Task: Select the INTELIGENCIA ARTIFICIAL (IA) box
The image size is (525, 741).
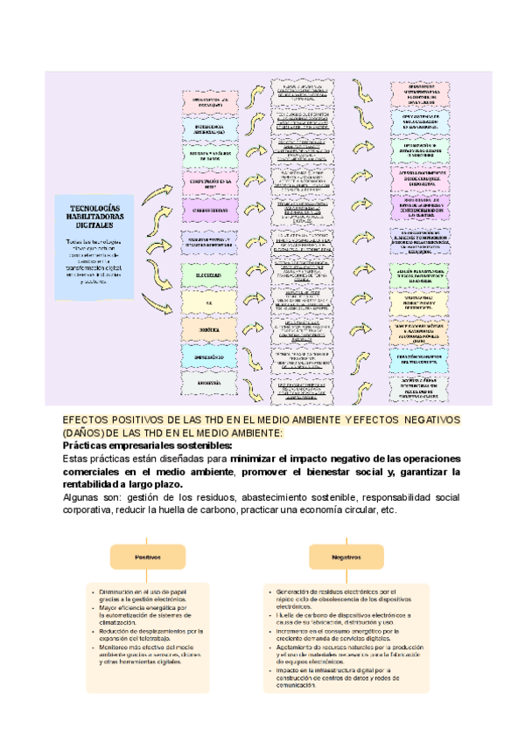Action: pos(208,130)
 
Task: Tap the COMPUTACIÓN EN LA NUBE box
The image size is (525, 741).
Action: pos(208,183)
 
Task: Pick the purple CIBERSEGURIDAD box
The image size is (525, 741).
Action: pos(208,210)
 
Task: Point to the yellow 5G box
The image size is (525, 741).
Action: pos(208,301)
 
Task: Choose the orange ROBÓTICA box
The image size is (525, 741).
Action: pos(208,329)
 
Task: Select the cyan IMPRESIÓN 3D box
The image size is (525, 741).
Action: pos(208,357)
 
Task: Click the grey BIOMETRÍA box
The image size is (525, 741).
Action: pos(208,383)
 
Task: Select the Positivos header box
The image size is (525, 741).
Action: pos(146,556)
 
